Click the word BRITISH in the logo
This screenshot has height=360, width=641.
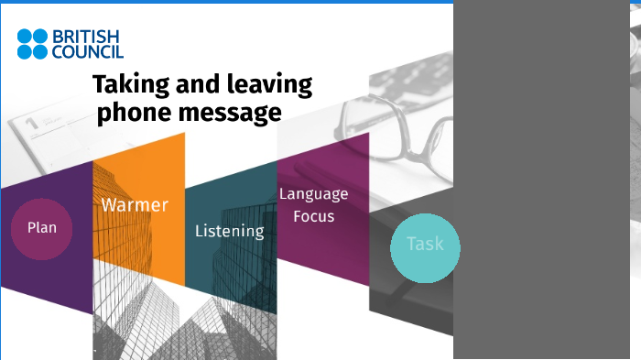coord(87,37)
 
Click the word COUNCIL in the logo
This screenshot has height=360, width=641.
coord(87,51)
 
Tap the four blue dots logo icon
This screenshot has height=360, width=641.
coord(32,44)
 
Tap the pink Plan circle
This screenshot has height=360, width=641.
coord(41,228)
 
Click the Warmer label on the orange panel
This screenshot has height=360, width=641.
coord(135,204)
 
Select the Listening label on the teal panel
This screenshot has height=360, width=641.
coord(229,231)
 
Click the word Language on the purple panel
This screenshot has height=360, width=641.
coord(313,193)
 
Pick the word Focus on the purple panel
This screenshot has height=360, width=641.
coord(313,216)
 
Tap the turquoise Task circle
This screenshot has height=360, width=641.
coord(424,245)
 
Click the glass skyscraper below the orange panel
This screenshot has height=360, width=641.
coord(137,311)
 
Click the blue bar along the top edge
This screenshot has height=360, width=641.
coord(229,2)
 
